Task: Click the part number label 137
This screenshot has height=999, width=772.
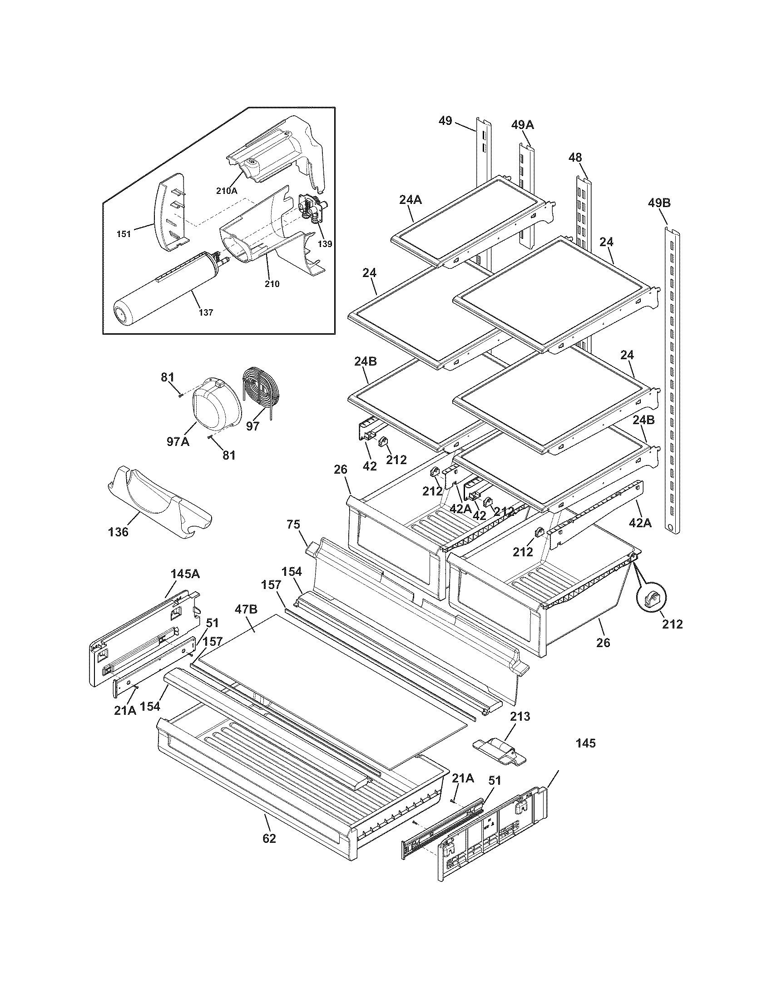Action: pos(206,312)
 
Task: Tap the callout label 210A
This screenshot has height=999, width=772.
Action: pos(227,191)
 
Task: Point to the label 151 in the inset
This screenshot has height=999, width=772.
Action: pos(124,234)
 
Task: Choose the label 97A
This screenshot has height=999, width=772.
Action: pos(178,442)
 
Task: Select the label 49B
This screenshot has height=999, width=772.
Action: pos(659,203)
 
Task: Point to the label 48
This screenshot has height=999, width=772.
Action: pos(575,158)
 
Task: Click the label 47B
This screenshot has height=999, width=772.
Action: pos(246,609)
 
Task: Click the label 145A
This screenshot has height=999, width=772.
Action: pos(185,574)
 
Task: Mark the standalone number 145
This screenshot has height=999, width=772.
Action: pos(586,743)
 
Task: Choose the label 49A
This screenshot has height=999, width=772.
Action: pos(523,124)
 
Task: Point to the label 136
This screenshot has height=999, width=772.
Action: pos(119,532)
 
